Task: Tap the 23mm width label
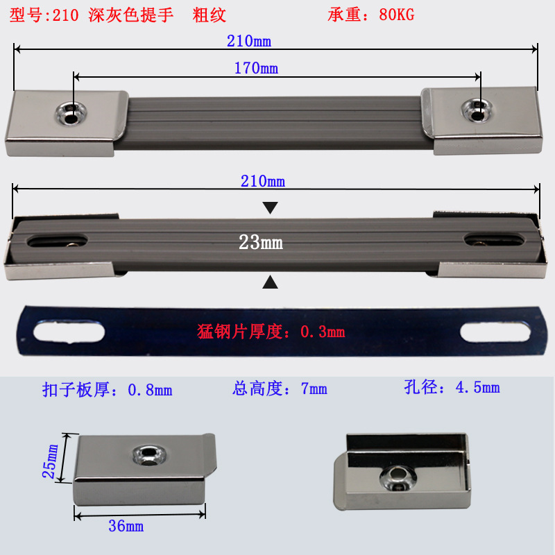pyautogui.click(x=260, y=243)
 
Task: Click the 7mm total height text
pyautogui.click(x=280, y=388)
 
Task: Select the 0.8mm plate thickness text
pyautogui.click(x=107, y=390)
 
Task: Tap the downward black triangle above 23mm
pyautogui.click(x=270, y=207)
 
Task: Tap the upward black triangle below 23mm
pyautogui.click(x=270, y=282)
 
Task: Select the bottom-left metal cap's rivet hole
pyautogui.click(x=148, y=456)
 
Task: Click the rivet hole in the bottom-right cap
pyautogui.click(x=397, y=476)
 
